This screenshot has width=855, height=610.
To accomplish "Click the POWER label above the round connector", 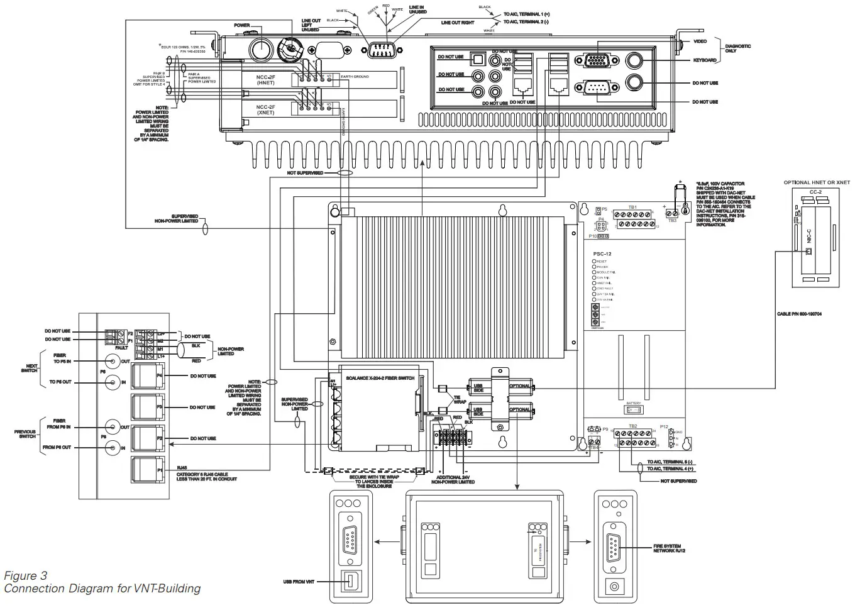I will (x=242, y=26).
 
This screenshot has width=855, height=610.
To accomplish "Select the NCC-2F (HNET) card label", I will (x=266, y=79).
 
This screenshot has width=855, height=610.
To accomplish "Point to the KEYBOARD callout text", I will (x=704, y=60).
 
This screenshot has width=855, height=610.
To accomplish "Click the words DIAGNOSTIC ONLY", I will (x=737, y=48).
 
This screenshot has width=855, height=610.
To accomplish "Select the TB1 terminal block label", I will (x=632, y=207).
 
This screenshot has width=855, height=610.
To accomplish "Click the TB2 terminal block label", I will (x=632, y=426).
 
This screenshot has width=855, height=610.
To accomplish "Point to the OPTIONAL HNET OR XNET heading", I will (x=816, y=182).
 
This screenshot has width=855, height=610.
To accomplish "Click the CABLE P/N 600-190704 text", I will (x=798, y=313).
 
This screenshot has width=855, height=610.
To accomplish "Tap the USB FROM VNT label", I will (x=299, y=582).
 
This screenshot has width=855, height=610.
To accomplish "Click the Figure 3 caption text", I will (x=25, y=575).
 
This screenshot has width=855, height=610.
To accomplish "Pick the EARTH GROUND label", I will (x=355, y=77).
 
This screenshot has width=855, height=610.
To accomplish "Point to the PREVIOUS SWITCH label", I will (x=27, y=434).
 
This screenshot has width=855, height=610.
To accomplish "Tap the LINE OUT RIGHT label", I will (x=458, y=23).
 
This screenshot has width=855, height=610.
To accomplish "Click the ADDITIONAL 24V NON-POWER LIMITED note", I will (x=453, y=480).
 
